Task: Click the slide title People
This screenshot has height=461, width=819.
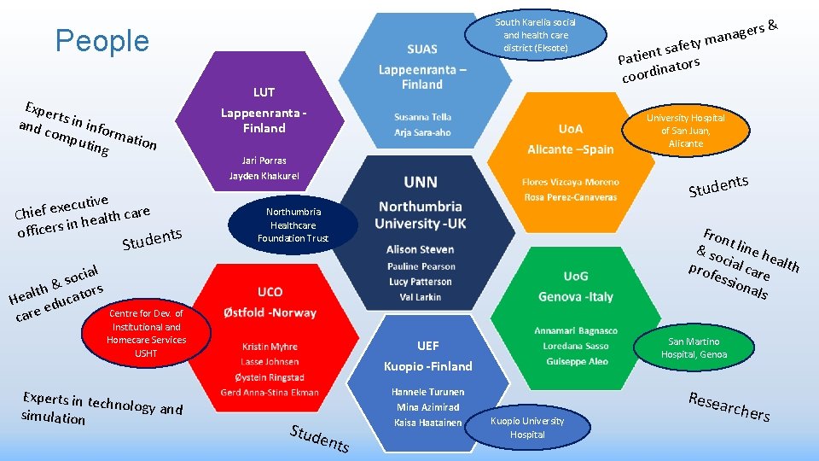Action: (x=102, y=41)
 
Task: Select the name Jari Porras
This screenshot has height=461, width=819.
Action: (x=264, y=160)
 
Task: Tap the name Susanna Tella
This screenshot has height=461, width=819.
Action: (x=422, y=117)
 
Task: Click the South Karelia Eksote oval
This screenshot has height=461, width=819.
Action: (x=536, y=35)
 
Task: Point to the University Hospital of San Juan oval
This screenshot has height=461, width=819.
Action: (x=685, y=131)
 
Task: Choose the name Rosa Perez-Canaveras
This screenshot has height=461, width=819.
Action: (x=571, y=197)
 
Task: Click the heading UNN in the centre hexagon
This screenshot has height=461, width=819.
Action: (x=421, y=182)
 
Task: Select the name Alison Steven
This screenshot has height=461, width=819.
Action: (x=421, y=249)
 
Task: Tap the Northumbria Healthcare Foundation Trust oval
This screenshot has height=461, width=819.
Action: (x=293, y=225)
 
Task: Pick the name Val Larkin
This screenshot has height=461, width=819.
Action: (x=421, y=297)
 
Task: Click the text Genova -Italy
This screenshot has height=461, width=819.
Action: (x=576, y=297)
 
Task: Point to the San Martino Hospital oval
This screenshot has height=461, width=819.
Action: (x=694, y=347)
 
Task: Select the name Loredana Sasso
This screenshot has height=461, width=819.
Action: (x=576, y=346)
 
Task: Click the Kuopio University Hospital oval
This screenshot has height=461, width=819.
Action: (x=527, y=428)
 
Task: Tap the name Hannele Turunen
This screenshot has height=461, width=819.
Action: (x=427, y=392)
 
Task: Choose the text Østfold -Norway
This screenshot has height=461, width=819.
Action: (x=270, y=313)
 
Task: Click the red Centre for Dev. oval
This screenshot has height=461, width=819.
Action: (x=146, y=333)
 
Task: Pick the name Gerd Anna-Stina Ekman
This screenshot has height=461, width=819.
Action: (x=270, y=393)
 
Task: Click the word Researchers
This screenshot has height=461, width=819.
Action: (x=729, y=406)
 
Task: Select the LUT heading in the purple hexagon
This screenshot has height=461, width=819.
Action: (x=264, y=92)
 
